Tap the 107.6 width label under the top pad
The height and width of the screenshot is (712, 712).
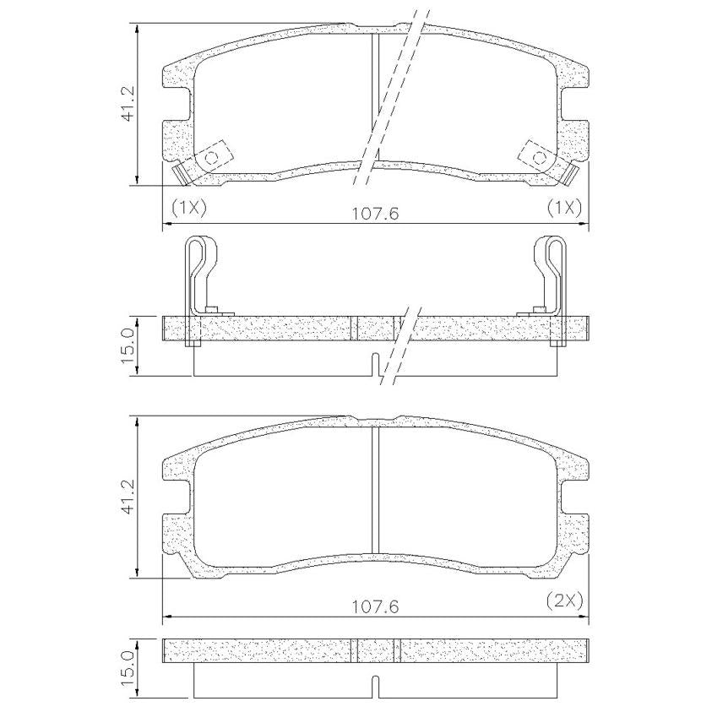[376, 214]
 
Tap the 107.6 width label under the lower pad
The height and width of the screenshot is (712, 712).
[376, 606]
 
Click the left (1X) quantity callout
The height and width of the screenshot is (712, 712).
[188, 208]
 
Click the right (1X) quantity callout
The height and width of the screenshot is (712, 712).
[564, 208]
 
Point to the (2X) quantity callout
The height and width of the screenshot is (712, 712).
[564, 601]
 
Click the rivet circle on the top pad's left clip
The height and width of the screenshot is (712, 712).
[211, 158]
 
